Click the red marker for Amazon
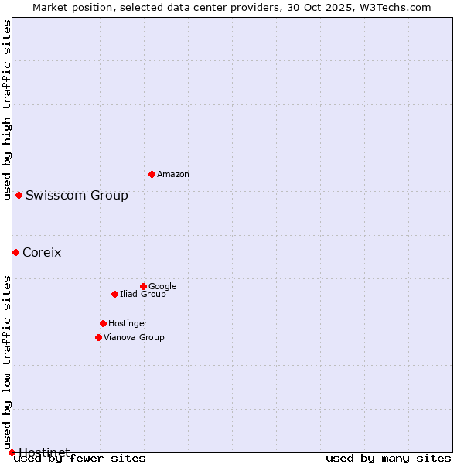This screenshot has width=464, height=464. [152, 174]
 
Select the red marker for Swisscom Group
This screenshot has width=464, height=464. [19, 195]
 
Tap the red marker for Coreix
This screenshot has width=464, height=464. [15, 252]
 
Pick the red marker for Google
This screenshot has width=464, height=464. [143, 286]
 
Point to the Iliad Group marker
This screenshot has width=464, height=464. [114, 294]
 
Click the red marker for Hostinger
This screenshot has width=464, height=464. [103, 323]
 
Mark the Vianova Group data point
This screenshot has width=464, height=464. [98, 337]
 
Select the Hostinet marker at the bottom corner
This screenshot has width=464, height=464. [12, 452]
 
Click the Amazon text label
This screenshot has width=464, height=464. [173, 175]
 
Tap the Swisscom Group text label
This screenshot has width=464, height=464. [77, 195]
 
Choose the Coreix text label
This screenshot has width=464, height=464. [42, 252]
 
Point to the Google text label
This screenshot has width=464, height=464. [162, 286]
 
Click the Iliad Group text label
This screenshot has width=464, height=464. [143, 294]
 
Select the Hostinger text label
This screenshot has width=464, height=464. [128, 323]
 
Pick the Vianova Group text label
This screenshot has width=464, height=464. [134, 337]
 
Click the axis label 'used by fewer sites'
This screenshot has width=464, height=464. [80, 459]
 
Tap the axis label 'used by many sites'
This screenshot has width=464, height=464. [388, 459]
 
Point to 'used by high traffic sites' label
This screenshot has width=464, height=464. [7, 110]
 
